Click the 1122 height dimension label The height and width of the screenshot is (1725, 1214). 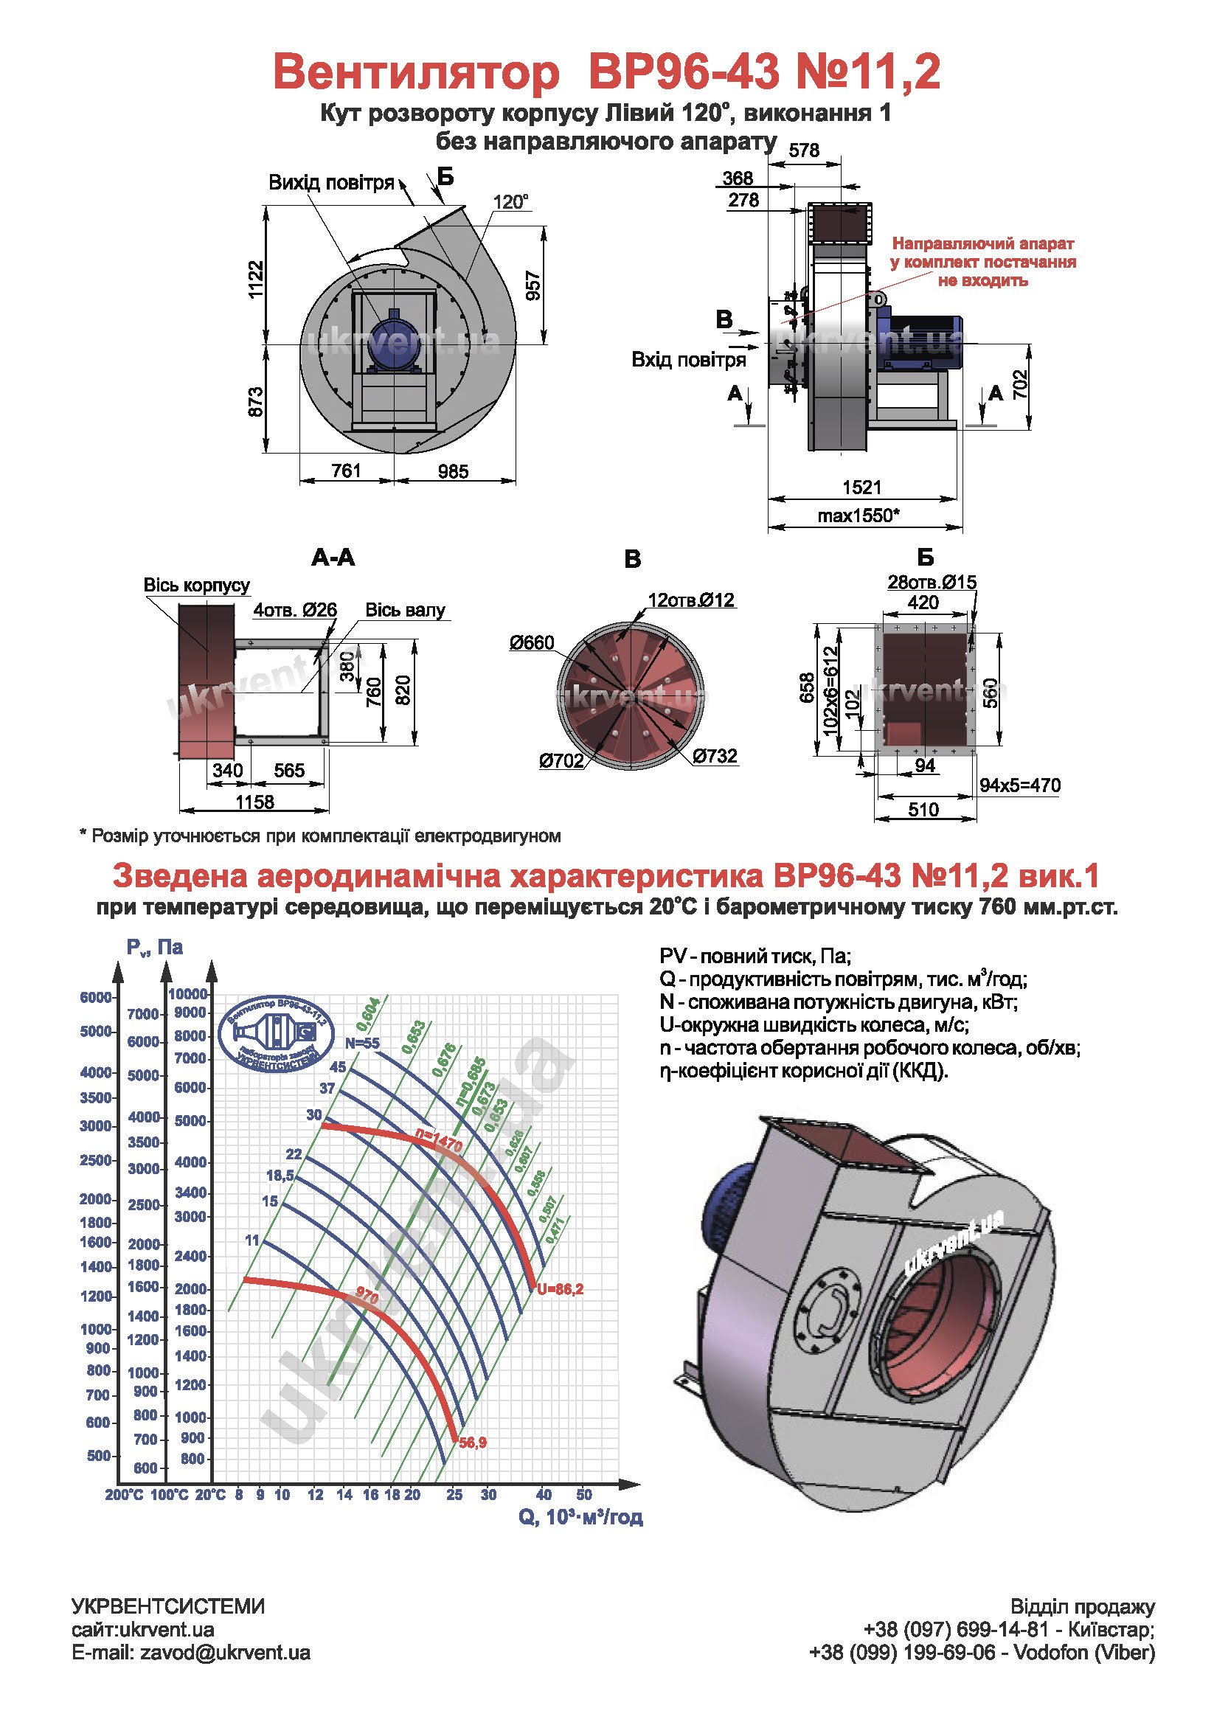click(x=256, y=279)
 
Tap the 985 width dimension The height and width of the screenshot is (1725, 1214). click(x=453, y=471)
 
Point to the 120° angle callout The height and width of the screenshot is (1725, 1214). click(x=510, y=202)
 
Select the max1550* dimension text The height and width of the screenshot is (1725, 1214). click(x=858, y=516)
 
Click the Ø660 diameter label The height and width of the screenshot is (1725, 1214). click(x=531, y=642)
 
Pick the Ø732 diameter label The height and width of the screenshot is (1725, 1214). click(x=715, y=756)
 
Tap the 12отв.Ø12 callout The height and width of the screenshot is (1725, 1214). click(x=690, y=600)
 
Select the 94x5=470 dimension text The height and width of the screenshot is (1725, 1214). click(x=1019, y=785)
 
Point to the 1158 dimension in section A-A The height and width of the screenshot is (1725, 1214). click(x=254, y=802)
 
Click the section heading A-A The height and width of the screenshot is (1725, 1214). click(x=333, y=558)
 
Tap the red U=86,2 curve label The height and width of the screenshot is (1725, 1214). click(x=560, y=1289)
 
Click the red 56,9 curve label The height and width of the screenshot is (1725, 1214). click(x=473, y=1443)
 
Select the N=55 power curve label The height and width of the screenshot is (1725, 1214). click(x=362, y=1043)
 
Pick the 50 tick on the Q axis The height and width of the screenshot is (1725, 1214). click(x=583, y=1494)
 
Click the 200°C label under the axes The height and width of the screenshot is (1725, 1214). click(x=124, y=1495)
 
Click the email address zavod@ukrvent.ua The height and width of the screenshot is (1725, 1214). click(x=225, y=1652)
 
